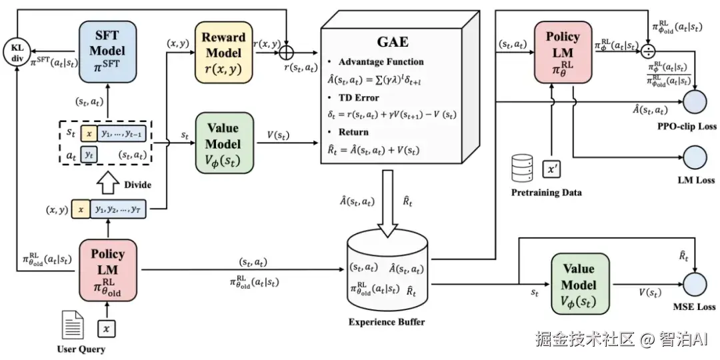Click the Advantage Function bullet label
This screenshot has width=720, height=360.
point(381,62)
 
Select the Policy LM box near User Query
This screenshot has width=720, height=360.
point(107,270)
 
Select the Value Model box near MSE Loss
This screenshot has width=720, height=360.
point(580,283)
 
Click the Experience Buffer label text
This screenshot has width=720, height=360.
point(387,322)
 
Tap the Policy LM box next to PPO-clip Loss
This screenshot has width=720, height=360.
point(563,52)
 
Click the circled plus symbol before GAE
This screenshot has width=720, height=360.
point(287,50)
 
